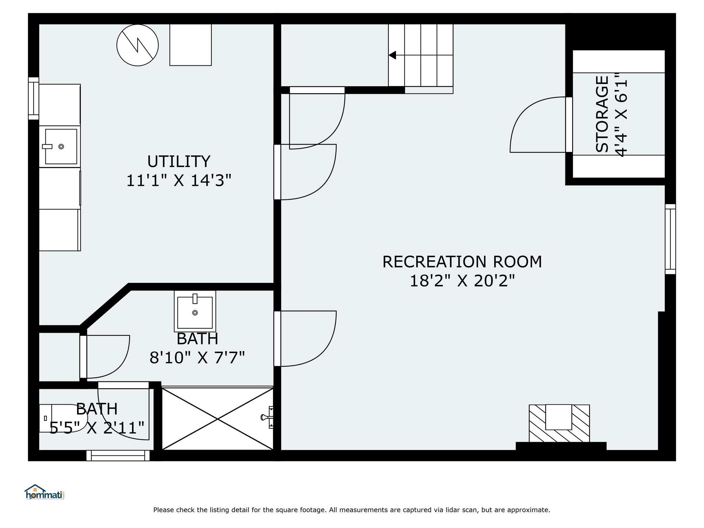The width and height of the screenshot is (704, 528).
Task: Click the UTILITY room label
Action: [x=179, y=162]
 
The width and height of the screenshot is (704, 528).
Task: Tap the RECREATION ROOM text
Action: [x=462, y=262]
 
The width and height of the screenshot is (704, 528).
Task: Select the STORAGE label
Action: [x=602, y=114]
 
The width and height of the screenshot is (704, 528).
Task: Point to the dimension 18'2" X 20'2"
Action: [x=462, y=281]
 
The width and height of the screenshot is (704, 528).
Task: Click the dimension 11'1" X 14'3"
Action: [x=179, y=180]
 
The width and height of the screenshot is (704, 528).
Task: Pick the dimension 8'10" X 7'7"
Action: [x=197, y=358]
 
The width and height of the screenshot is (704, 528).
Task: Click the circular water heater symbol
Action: [x=137, y=45]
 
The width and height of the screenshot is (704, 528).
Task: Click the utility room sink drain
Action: [x=61, y=147]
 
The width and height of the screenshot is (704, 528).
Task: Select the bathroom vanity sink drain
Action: [x=195, y=313]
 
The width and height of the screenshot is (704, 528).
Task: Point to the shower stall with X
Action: [x=218, y=419]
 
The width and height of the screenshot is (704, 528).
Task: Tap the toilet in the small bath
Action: [x=63, y=418]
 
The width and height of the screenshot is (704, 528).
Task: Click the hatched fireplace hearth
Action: [x=559, y=423]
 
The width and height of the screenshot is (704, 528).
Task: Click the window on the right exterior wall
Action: [x=670, y=239]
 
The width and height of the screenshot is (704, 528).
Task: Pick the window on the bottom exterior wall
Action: [x=118, y=455]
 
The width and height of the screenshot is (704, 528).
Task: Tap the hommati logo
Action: [x=44, y=492]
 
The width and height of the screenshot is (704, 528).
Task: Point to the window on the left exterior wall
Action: [x=34, y=98]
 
